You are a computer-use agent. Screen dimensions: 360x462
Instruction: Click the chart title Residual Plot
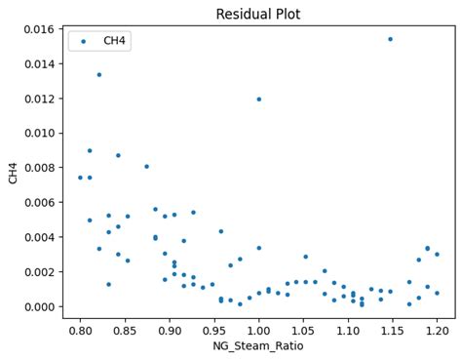[x=257, y=15]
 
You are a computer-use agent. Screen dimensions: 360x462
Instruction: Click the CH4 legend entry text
[x=117, y=41]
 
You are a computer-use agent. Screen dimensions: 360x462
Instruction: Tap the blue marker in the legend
[x=84, y=41]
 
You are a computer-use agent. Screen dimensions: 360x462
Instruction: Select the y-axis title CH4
[x=13, y=173]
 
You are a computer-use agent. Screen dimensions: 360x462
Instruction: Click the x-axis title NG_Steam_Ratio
[x=257, y=345]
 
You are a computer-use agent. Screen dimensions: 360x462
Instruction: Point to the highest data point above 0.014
[x=390, y=39]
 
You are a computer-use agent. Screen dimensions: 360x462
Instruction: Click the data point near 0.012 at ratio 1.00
[x=258, y=99]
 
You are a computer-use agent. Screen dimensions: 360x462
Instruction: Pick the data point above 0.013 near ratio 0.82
[x=98, y=74]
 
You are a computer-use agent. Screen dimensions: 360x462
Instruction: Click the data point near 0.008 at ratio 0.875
[x=147, y=167]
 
